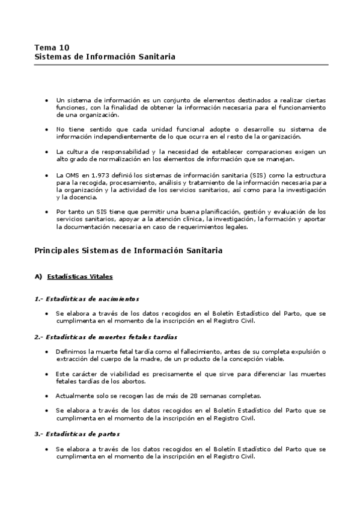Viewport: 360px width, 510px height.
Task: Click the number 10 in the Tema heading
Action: [64, 47]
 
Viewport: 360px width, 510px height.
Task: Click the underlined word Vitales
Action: [99, 277]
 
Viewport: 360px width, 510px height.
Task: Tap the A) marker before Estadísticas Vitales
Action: [38, 277]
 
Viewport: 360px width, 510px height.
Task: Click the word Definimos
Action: [72, 352]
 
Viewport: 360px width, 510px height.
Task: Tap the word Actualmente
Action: [76, 396]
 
